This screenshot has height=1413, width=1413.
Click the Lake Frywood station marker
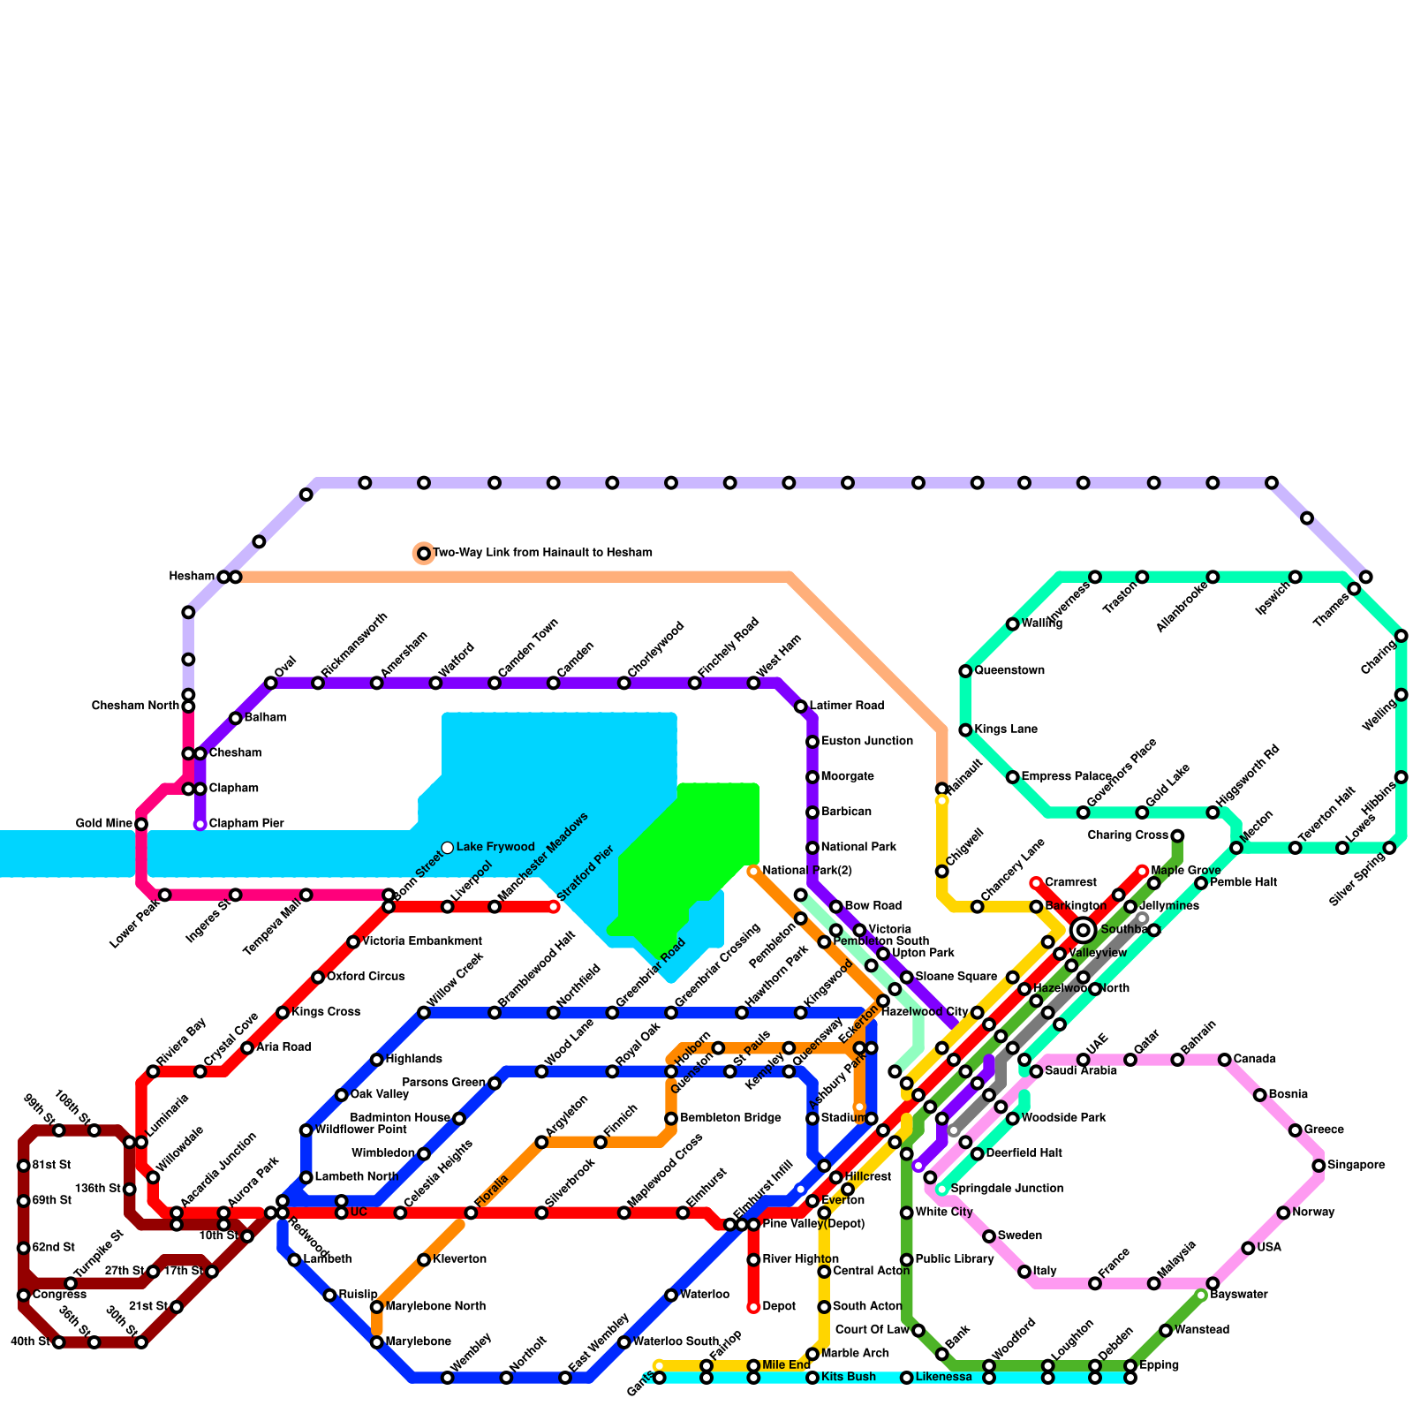[448, 848]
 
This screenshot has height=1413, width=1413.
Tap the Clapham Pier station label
[246, 824]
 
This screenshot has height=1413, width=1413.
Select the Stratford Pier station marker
[554, 907]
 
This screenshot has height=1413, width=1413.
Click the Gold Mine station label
[104, 824]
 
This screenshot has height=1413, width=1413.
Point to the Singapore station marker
[1319, 1166]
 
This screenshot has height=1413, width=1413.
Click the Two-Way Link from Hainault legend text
[542, 553]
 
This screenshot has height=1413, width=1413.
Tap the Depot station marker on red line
[753, 1307]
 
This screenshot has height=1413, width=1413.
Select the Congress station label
[59, 1295]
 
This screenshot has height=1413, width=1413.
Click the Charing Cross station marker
[1177, 835]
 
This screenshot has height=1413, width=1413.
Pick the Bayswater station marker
[1201, 1296]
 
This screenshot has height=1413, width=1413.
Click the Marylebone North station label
[435, 1307]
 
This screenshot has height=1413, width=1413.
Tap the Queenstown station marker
[965, 671]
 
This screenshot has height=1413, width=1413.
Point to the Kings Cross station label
[326, 1012]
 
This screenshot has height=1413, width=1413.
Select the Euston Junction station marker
[812, 742]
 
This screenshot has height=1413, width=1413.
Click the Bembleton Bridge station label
[730, 1118]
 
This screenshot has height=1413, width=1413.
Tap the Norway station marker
[1283, 1213]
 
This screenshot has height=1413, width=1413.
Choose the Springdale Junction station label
[1007, 1189]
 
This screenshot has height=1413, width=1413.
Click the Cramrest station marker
[1036, 883]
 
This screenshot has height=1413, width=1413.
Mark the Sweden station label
[1020, 1236]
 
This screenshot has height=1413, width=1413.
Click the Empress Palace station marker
[1013, 777]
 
